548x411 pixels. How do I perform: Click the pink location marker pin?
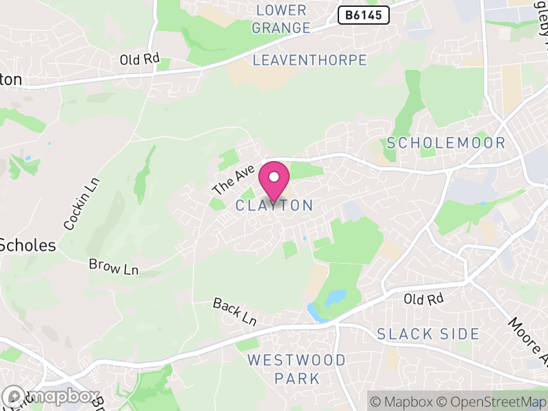[274, 179]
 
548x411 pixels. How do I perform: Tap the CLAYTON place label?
[274, 206]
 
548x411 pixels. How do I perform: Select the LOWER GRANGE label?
[281, 19]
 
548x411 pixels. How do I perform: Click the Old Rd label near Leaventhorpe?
[140, 60]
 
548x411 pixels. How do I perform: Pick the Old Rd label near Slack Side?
[424, 299]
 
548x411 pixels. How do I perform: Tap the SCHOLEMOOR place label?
[446, 143]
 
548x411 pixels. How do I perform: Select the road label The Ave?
[234, 179]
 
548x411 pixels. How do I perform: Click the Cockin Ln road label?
[82, 204]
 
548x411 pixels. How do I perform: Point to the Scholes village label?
[27, 245]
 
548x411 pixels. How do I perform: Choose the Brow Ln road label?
[113, 266]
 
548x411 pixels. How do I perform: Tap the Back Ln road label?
[234, 312]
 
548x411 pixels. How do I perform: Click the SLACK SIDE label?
[428, 334]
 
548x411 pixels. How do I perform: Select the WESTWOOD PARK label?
[297, 369]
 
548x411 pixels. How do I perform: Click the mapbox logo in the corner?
[51, 396]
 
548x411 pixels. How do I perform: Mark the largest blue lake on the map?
[336, 298]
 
